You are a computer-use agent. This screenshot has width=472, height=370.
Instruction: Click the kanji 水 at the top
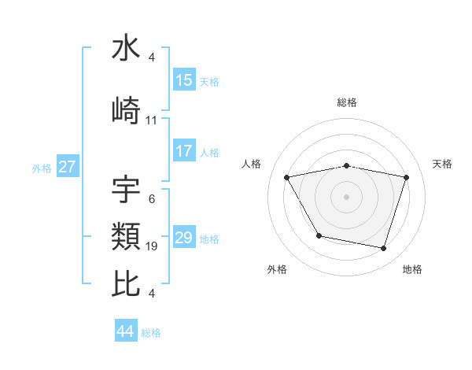pos(126,50)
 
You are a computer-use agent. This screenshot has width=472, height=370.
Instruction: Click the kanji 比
pos(126,283)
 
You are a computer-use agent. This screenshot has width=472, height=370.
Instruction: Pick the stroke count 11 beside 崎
pos(152,120)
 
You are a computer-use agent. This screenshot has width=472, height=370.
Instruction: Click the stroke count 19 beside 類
pos(152,246)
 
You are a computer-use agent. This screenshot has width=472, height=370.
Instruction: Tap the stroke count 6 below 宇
pos(151,199)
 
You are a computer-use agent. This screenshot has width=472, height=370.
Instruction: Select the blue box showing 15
pos(184,80)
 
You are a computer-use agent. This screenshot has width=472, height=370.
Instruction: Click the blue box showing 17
pos(184,152)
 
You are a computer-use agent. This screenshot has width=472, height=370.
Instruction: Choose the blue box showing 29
pos(184,238)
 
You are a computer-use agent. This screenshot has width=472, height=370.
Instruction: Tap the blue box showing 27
pos(68,167)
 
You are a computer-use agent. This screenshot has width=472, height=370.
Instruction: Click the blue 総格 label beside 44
pos(151,333)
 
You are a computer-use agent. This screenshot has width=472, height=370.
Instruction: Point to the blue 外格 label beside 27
pos(42,168)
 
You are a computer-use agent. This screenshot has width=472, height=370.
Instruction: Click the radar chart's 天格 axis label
pos(443,164)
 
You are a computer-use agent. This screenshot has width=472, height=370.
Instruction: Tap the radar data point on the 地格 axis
pos(384,249)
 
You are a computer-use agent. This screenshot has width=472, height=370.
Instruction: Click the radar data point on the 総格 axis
pos(347,166)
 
